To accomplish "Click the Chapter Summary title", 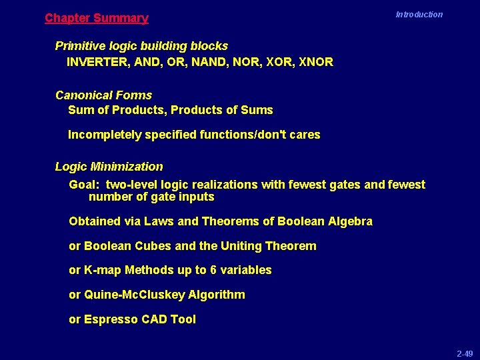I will (x=97, y=19).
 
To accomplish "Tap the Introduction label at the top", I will (x=419, y=14).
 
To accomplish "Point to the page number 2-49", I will (x=464, y=353).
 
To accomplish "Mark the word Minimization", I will (x=128, y=167).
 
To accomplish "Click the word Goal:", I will (x=85, y=185).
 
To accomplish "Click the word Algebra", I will (x=351, y=221).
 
